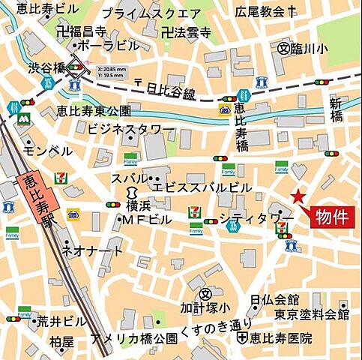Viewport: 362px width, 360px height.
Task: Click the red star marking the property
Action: point(298,196)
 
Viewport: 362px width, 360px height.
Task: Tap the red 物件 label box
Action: point(331,217)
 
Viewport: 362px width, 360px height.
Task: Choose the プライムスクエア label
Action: point(151,13)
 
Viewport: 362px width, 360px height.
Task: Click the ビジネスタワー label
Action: point(130,130)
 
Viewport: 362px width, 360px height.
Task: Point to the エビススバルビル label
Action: point(202,187)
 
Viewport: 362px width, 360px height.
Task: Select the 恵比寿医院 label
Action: point(280,338)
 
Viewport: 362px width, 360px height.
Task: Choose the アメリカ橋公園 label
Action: point(133,338)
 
